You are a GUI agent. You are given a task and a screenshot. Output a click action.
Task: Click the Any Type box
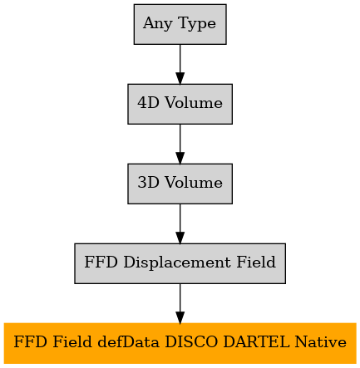[180, 24]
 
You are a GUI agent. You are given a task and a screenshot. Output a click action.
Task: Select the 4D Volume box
[180, 104]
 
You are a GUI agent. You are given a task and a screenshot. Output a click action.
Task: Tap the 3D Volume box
[180, 184]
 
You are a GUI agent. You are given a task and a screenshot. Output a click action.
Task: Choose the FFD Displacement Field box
[180, 263]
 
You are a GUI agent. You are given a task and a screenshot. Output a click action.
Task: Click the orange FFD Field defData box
[180, 343]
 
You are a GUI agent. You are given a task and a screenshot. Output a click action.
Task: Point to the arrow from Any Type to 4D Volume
[180, 64]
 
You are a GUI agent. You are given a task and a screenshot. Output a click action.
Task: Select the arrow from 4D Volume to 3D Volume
[180, 144]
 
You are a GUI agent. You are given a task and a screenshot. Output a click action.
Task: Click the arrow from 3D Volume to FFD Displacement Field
[180, 223]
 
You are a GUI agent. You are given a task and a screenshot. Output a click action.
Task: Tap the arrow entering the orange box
[180, 303]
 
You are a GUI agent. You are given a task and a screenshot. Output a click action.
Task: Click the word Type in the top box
[197, 24]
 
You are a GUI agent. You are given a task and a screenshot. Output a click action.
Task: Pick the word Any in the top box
[158, 24]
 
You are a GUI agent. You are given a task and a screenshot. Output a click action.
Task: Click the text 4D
[148, 103]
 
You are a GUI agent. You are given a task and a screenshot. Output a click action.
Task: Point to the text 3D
[148, 183]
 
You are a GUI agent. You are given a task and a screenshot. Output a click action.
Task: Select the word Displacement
[177, 263]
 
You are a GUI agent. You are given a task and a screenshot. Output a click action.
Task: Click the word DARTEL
[256, 342]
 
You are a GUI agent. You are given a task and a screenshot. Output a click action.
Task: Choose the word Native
[321, 342]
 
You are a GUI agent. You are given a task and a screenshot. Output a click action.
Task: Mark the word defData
[129, 342]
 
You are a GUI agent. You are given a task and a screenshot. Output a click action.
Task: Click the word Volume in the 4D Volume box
[194, 103]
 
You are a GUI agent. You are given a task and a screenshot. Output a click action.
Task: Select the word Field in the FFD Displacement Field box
[256, 262]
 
